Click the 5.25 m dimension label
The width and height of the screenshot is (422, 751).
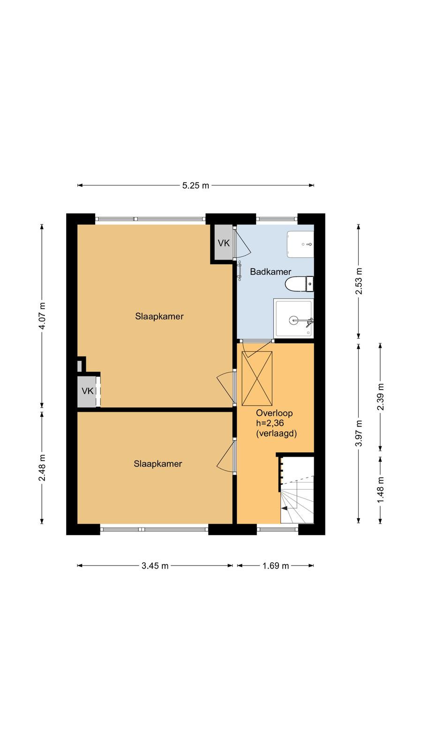click(x=196, y=185)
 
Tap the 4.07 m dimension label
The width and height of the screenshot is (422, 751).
click(x=42, y=316)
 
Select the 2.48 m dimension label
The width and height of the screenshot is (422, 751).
click(x=42, y=467)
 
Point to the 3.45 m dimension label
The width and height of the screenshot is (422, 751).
click(x=155, y=566)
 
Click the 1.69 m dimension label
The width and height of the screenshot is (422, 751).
click(x=275, y=566)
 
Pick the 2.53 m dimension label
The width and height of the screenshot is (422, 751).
click(x=359, y=281)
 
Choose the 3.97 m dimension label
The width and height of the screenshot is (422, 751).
click(x=359, y=433)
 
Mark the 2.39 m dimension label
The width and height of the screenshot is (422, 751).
click(x=380, y=397)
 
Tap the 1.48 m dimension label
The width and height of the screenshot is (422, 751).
click(x=380, y=490)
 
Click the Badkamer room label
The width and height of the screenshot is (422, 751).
click(x=271, y=272)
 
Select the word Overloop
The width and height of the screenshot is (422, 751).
click(x=274, y=413)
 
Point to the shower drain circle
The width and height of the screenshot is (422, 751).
click(x=294, y=320)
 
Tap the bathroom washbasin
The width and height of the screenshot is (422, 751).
click(x=300, y=245)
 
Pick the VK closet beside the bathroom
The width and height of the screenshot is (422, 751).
click(x=224, y=243)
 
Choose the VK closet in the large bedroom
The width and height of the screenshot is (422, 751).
click(x=88, y=391)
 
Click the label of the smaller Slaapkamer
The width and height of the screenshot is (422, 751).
click(x=158, y=464)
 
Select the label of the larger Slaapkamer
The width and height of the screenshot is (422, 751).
click(x=159, y=316)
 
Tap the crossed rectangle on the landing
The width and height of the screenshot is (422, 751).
click(x=257, y=378)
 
